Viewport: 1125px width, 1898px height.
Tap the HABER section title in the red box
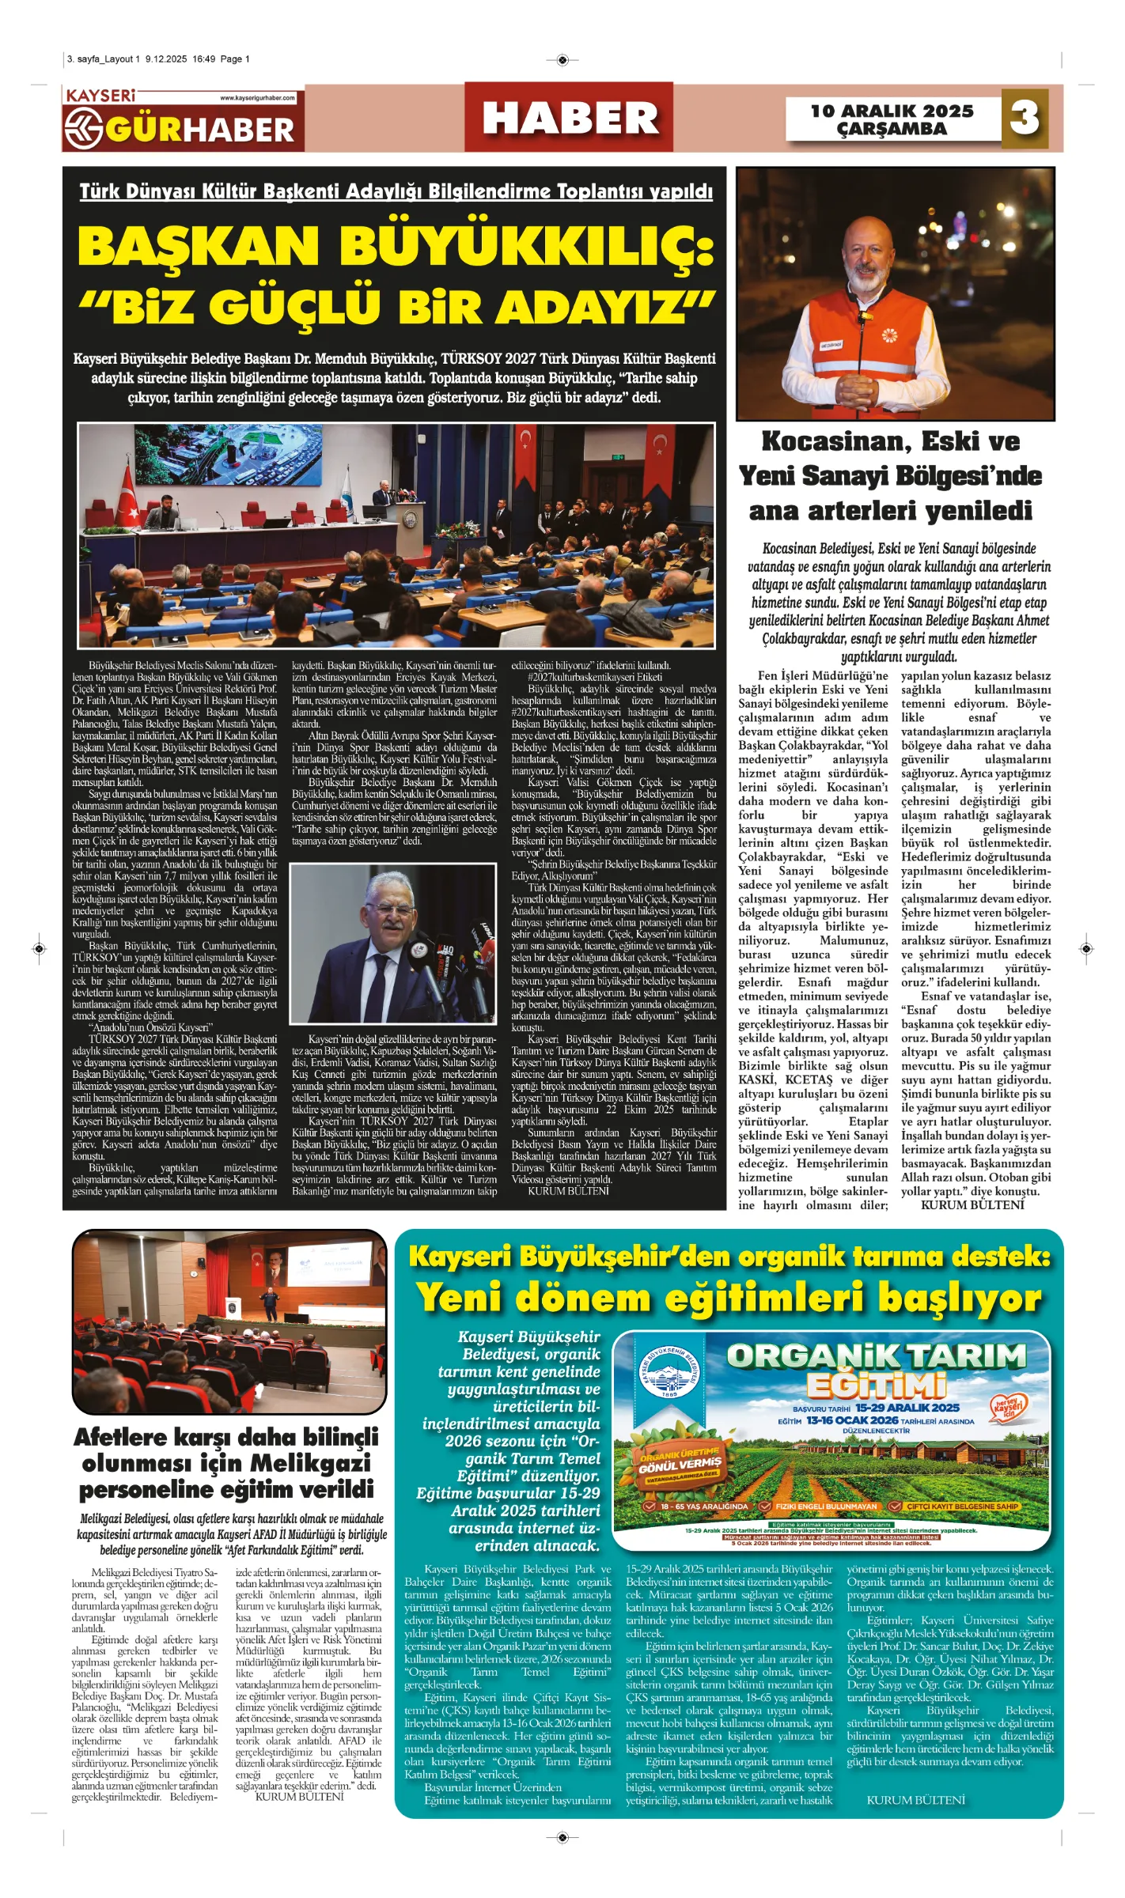pyautogui.click(x=570, y=119)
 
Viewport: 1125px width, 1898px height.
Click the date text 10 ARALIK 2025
pyautogui.click(x=892, y=111)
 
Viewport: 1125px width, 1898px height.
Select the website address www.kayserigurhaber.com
pyautogui.click(x=257, y=98)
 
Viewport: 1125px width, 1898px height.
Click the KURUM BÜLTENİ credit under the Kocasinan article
pyautogui.click(x=972, y=1205)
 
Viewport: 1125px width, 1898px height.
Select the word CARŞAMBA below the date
pyautogui.click(x=892, y=129)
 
